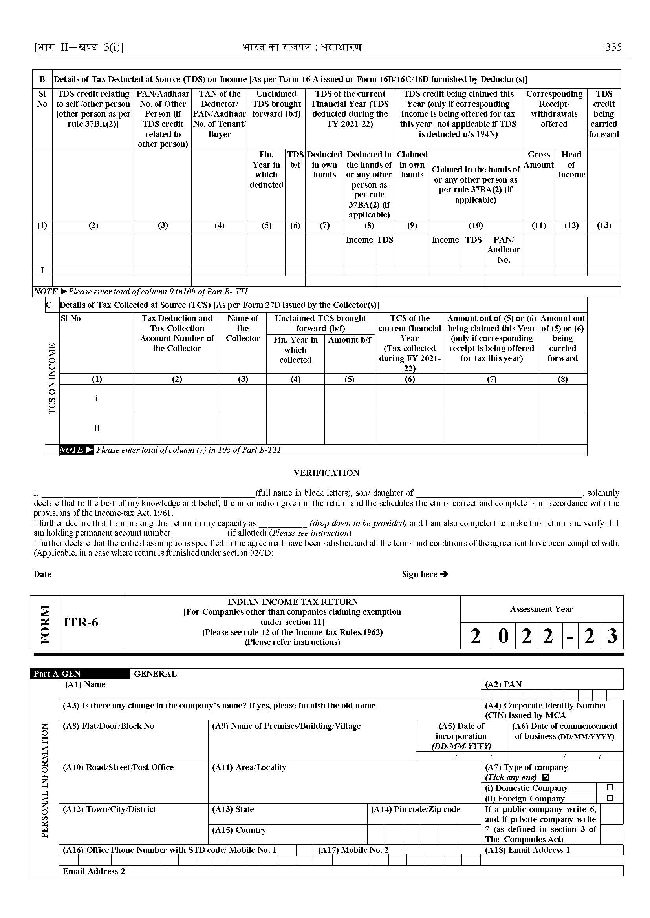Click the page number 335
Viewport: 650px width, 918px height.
(613, 47)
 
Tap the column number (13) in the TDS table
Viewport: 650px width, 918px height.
(604, 225)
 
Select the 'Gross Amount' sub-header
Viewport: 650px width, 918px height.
(539, 160)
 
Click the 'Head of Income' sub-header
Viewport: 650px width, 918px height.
(571, 164)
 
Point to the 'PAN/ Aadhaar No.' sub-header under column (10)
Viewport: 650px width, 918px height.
(504, 250)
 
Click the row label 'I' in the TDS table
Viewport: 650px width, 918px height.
(42, 270)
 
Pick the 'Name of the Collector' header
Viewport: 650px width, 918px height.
(243, 328)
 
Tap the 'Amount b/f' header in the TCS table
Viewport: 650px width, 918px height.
(350, 339)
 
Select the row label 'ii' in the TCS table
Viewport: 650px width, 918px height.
(97, 429)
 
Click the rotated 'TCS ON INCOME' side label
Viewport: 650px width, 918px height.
(52, 378)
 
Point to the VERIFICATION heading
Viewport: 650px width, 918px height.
(326, 473)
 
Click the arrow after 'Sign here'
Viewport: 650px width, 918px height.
(444, 574)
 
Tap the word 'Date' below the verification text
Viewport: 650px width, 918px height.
(42, 574)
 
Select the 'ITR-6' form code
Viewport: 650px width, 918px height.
(81, 622)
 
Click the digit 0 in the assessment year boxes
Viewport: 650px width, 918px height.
(503, 635)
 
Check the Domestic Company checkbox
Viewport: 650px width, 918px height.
(610, 787)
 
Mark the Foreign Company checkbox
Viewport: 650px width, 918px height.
(610, 798)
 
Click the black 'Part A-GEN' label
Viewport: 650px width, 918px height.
(57, 673)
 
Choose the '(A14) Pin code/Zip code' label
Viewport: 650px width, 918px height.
(416, 809)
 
